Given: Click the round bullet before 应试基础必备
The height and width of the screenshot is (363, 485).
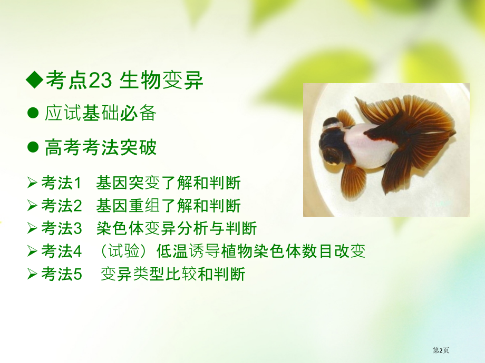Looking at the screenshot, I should pyautogui.click(x=33, y=113).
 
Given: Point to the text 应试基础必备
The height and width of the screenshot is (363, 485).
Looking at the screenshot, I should pyautogui.click(x=100, y=113).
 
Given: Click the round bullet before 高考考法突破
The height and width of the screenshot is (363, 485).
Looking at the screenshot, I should pyautogui.click(x=33, y=148).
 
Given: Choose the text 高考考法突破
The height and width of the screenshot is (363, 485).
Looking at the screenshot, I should pyautogui.click(x=100, y=148).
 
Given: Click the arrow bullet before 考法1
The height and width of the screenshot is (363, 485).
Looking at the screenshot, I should pyautogui.click(x=32, y=183).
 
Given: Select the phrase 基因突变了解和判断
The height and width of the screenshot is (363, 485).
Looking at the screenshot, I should pyautogui.click(x=168, y=183).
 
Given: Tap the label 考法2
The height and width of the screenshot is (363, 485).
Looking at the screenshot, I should pyautogui.click(x=61, y=206).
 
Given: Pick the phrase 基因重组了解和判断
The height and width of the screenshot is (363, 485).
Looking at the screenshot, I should pyautogui.click(x=168, y=206).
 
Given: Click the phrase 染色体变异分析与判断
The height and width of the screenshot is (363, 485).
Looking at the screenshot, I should pyautogui.click(x=176, y=228).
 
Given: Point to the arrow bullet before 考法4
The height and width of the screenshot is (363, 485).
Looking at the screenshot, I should pyautogui.click(x=32, y=251).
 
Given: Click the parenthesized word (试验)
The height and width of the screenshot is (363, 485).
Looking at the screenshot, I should pyautogui.click(x=122, y=251).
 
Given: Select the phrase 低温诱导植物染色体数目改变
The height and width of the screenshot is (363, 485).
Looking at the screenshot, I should pyautogui.click(x=261, y=251).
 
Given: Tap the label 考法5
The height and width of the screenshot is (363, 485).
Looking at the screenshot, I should pyautogui.click(x=61, y=274).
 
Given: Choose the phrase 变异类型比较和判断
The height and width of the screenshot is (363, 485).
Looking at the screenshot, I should pyautogui.click(x=172, y=274).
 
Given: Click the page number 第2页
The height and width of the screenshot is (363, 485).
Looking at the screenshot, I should pyautogui.click(x=441, y=350).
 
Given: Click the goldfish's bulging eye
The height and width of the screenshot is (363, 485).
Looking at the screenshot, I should pyautogui.click(x=332, y=154).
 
